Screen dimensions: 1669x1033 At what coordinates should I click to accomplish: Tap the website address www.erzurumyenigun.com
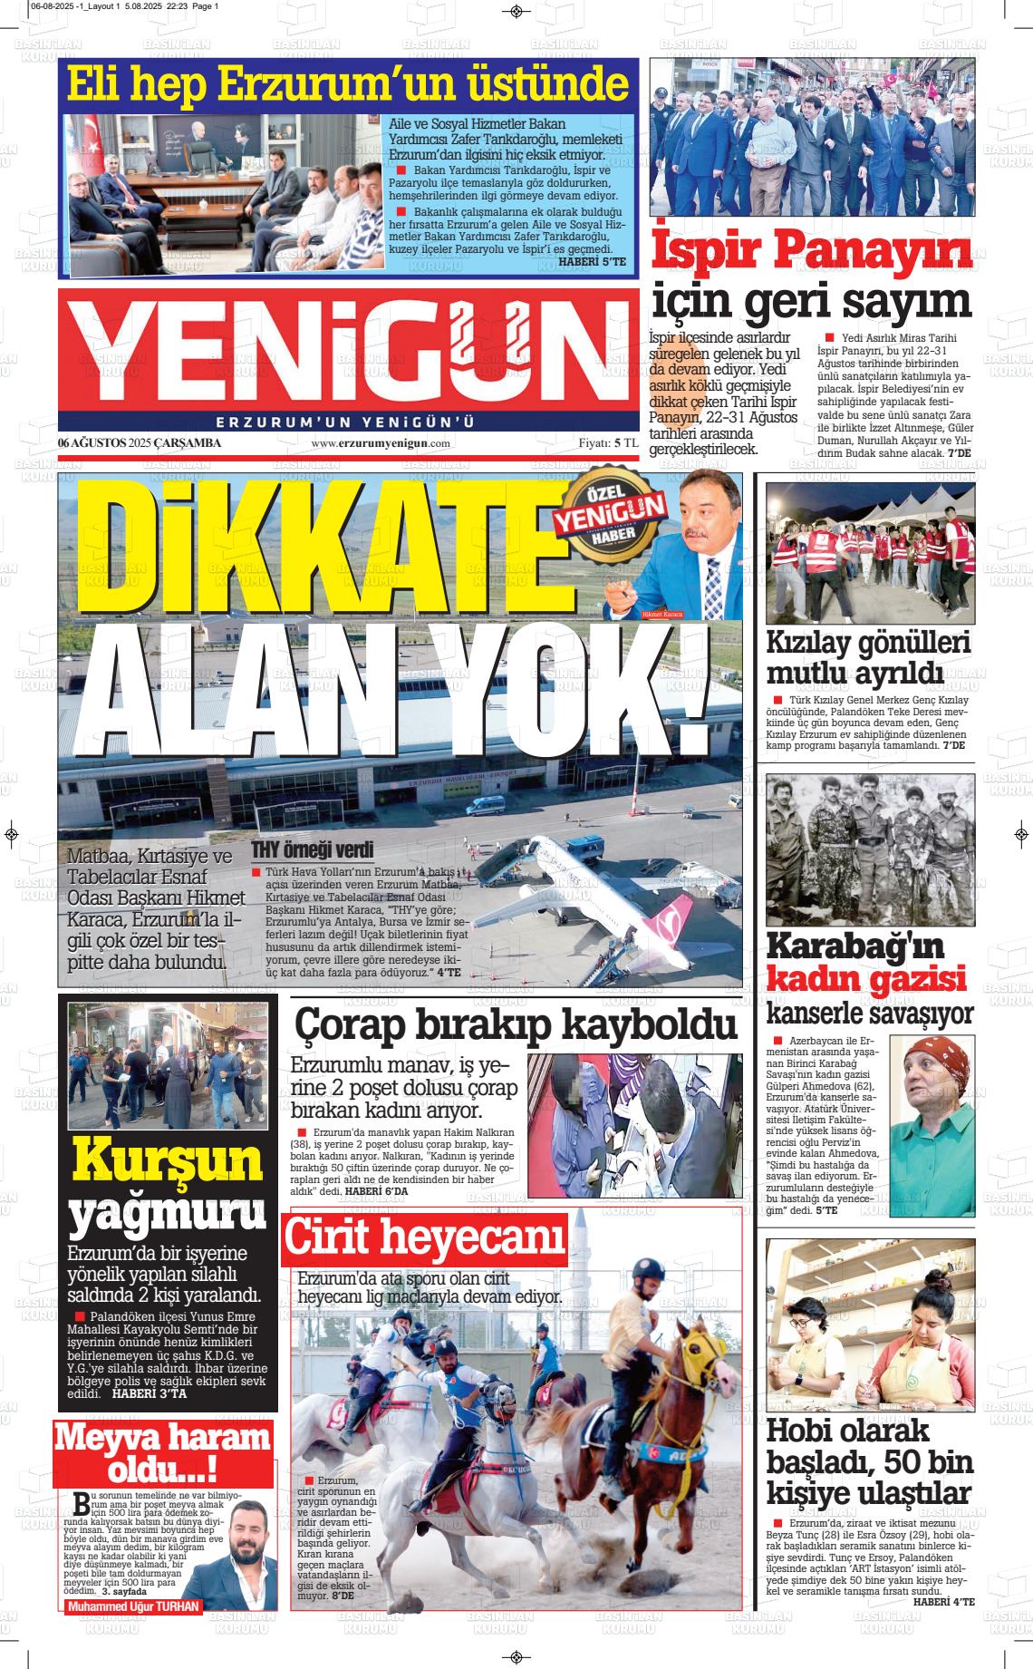381,443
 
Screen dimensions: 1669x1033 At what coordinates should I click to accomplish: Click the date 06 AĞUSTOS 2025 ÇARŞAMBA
140,443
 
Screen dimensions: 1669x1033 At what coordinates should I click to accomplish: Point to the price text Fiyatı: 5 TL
608,443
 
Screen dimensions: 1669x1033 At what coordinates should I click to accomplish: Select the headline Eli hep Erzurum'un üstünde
348,85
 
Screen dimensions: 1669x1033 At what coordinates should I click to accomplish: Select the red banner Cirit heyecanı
425,1238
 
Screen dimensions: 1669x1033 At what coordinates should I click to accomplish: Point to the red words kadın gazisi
866,979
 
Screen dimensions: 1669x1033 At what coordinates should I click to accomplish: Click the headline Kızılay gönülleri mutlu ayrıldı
868,659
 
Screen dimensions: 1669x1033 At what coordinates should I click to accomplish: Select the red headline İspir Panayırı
812,252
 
